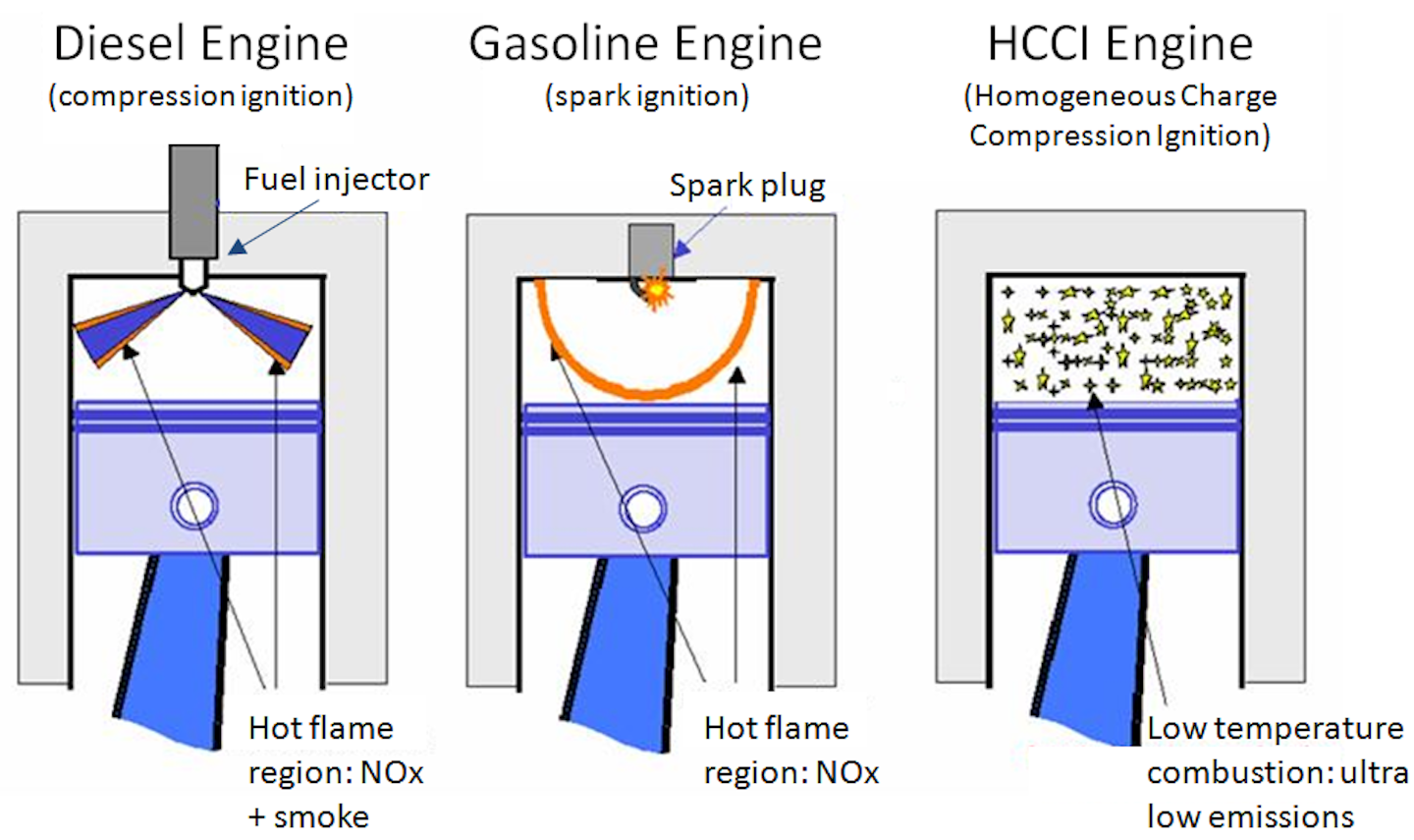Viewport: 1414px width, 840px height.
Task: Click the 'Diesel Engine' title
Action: [x=201, y=44]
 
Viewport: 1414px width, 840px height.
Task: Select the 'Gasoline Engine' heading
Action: [x=645, y=44]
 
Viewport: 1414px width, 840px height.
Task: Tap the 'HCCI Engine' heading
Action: [x=1120, y=44]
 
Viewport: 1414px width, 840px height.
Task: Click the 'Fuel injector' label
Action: [x=336, y=179]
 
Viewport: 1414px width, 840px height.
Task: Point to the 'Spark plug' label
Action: [x=747, y=185]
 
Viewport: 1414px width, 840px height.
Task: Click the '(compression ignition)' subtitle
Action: [x=201, y=96]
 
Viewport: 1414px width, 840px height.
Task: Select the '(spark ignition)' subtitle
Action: [x=647, y=96]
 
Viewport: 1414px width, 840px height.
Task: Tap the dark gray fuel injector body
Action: [x=193, y=201]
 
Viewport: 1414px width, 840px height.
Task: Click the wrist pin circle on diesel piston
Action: [x=193, y=506]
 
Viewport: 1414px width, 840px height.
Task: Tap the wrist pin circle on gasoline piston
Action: [x=643, y=509]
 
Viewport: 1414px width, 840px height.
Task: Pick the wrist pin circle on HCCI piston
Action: [x=1113, y=505]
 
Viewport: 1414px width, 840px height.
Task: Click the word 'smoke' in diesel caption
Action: [x=321, y=816]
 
